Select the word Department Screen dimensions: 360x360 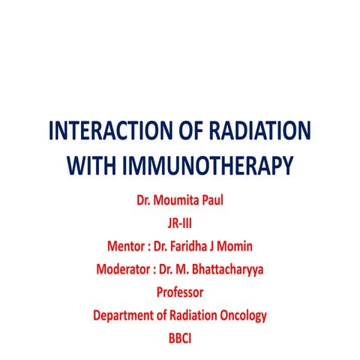(127, 315)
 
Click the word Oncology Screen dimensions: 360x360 (240, 315)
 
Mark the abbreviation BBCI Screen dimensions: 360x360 (179, 337)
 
